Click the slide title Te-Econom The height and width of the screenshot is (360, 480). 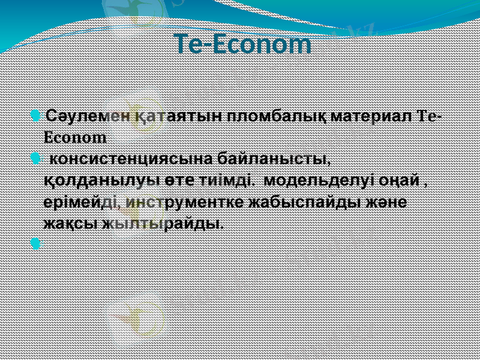coord(244,44)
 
